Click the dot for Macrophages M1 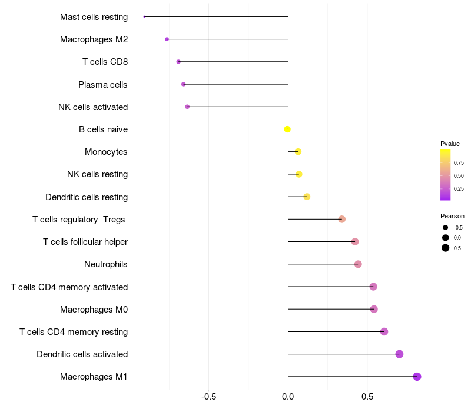pyautogui.click(x=417, y=377)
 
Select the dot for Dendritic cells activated pyautogui.click(x=399, y=354)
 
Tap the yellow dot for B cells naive pyautogui.click(x=287, y=129)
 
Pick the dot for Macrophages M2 pyautogui.click(x=167, y=39)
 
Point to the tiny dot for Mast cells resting pyautogui.click(x=144, y=16)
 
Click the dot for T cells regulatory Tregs pyautogui.click(x=341, y=220)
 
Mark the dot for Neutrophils pyautogui.click(x=358, y=264)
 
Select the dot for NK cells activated pyautogui.click(x=187, y=107)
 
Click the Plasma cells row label pyautogui.click(x=103, y=85)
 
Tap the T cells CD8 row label pyautogui.click(x=105, y=62)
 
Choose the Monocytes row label pyautogui.click(x=106, y=152)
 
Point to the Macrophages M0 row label pyautogui.click(x=94, y=310)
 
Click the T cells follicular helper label pyautogui.click(x=85, y=242)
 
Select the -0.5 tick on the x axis pyautogui.click(x=208, y=397)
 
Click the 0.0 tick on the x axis pyautogui.click(x=288, y=397)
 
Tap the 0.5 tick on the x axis pyautogui.click(x=367, y=397)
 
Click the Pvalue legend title pyautogui.click(x=450, y=144)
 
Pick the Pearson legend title pyautogui.click(x=452, y=216)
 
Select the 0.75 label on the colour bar pyautogui.click(x=459, y=162)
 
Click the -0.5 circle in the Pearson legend pyautogui.click(x=446, y=227)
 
